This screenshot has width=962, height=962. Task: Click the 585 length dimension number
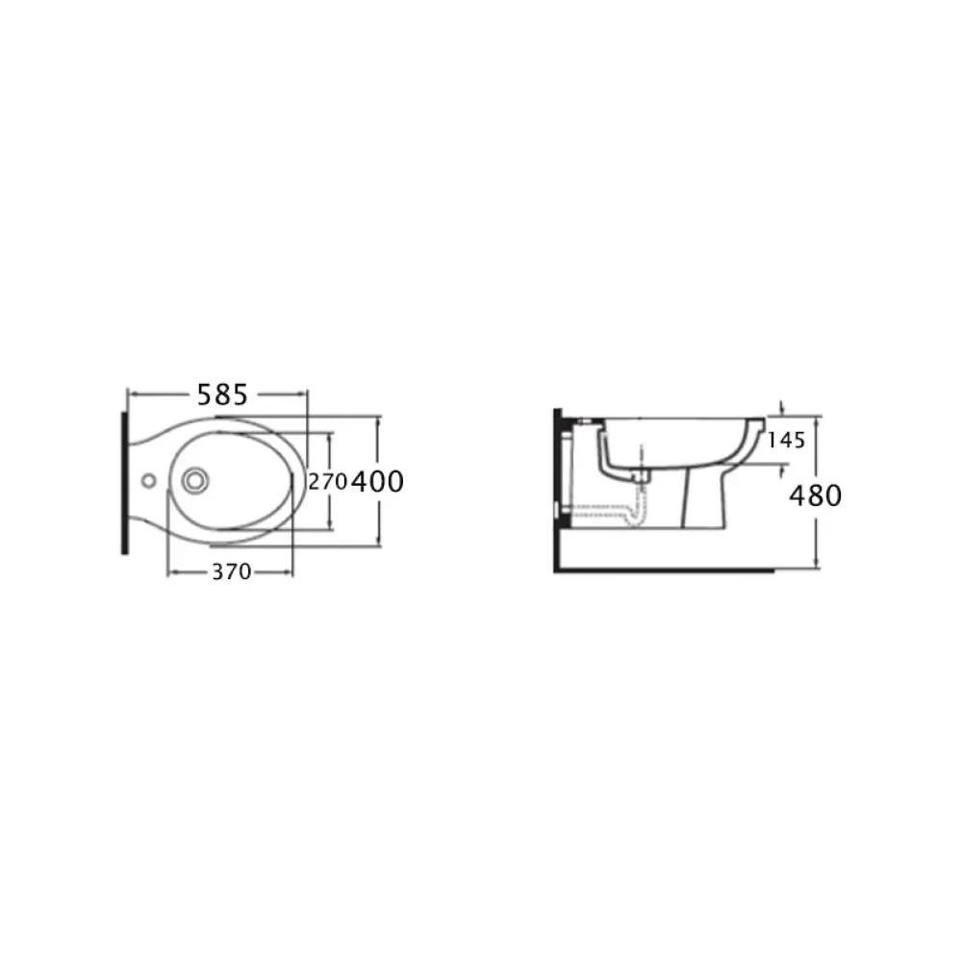[222, 395]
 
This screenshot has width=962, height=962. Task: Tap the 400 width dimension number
[377, 482]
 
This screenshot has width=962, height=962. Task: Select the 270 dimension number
[328, 482]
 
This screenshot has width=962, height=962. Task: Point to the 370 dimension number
[231, 571]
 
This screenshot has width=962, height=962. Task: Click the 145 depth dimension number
[786, 440]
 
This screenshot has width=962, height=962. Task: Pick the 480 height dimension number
[816, 495]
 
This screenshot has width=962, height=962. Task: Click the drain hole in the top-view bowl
[195, 480]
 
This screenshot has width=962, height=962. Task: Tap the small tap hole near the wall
[148, 481]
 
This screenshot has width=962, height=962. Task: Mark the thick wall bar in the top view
[124, 483]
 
